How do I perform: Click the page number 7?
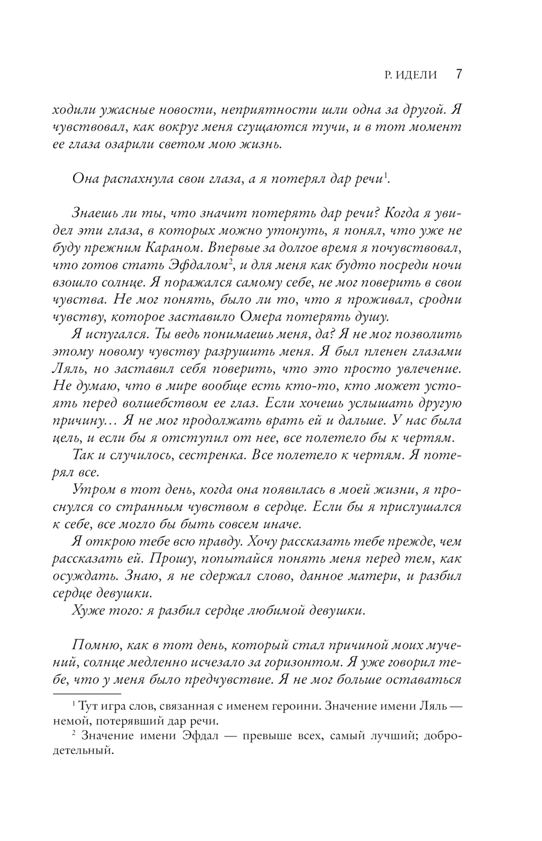coord(458,74)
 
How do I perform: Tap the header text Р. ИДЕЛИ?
coord(410,75)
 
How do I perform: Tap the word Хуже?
coord(88,611)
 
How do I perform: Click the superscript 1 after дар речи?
coord(385,176)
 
